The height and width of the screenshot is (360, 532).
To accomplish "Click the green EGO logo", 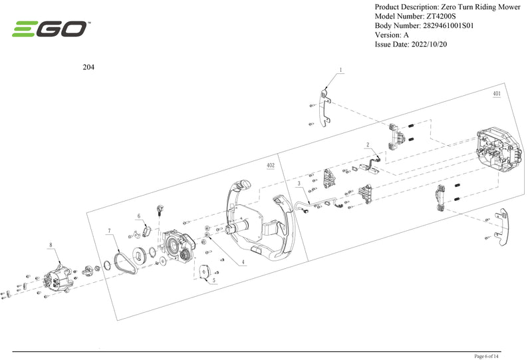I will (50, 29).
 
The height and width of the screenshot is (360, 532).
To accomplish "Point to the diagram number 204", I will (88, 67).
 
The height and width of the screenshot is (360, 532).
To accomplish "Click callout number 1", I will (341, 70).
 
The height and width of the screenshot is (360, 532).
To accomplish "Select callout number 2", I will (367, 144).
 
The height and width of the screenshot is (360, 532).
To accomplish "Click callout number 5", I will (213, 281).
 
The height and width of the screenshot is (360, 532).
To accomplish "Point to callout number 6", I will (138, 216).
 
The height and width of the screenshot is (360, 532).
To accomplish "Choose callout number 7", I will (108, 231).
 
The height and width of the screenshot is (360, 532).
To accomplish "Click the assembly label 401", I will (496, 94).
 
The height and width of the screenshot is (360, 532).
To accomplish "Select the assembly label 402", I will (270, 165).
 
